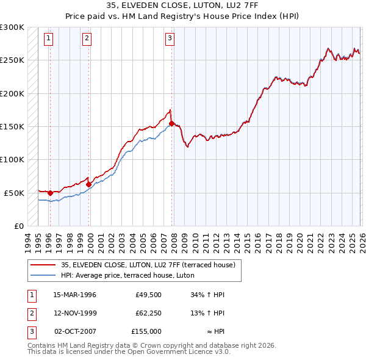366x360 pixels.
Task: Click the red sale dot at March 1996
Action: (x=50, y=193)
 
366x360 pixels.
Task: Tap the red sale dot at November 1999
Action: (x=88, y=184)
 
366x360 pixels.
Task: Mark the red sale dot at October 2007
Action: (x=171, y=123)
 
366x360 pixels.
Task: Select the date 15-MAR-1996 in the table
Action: (x=74, y=295)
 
